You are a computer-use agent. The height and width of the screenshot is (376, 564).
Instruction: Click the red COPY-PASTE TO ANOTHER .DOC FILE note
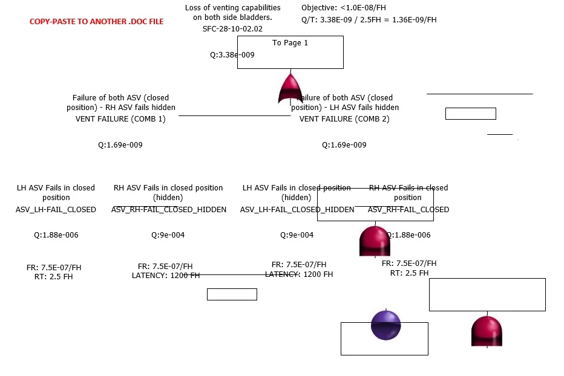pyautogui.click(x=96, y=21)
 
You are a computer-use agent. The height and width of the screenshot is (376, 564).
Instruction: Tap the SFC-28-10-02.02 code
pyautogui.click(x=232, y=28)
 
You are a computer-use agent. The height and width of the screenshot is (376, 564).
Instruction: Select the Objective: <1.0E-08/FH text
pyautogui.click(x=343, y=8)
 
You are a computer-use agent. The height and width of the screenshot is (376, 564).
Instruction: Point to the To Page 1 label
pyautogui.click(x=290, y=43)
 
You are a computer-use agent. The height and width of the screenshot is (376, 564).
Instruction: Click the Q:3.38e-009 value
pyautogui.click(x=232, y=55)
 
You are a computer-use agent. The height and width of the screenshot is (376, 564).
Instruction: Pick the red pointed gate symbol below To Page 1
pyautogui.click(x=290, y=88)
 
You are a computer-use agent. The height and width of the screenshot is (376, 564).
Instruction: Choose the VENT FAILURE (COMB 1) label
pyautogui.click(x=120, y=119)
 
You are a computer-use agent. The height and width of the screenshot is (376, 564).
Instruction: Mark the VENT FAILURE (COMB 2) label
pyautogui.click(x=344, y=119)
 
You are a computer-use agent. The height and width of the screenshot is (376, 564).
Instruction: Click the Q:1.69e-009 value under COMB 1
pyautogui.click(x=120, y=145)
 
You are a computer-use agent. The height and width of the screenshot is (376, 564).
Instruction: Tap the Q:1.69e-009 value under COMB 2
pyautogui.click(x=344, y=145)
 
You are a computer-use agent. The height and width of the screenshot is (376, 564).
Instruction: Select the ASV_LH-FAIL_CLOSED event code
pyautogui.click(x=56, y=210)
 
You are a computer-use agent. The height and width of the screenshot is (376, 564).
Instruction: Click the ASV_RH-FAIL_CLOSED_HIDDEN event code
pyautogui.click(x=169, y=210)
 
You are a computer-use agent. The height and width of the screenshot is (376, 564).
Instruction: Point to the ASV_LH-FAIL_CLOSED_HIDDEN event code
pyautogui.click(x=297, y=210)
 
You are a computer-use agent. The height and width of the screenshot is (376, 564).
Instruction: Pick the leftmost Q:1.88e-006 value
pyautogui.click(x=56, y=235)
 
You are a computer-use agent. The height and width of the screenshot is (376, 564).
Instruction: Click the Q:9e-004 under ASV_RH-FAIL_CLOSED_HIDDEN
pyautogui.click(x=168, y=235)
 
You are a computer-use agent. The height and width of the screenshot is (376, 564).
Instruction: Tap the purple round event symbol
pyautogui.click(x=385, y=325)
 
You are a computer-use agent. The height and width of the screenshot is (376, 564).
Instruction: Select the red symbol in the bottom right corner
pyautogui.click(x=487, y=331)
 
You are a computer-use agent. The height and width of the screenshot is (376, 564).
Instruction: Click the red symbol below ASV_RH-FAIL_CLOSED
pyautogui.click(x=375, y=241)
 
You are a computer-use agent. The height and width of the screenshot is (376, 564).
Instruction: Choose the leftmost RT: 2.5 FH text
pyautogui.click(x=54, y=277)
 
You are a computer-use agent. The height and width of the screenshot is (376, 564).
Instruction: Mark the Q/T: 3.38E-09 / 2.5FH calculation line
pyautogui.click(x=369, y=20)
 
